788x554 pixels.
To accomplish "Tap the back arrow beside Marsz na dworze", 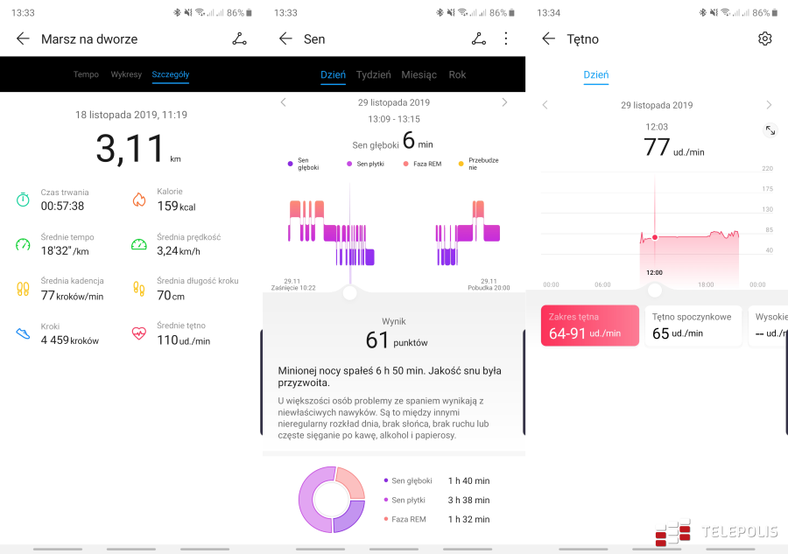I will pyautogui.click(x=23, y=39).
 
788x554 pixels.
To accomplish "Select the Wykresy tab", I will pyautogui.click(x=126, y=74).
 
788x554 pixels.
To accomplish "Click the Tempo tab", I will pyautogui.click(x=86, y=74).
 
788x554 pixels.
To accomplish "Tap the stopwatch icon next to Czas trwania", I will pyautogui.click(x=23, y=200).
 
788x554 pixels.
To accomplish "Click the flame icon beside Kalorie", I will pyautogui.click(x=138, y=200).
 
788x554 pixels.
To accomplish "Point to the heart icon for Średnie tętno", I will pyautogui.click(x=138, y=333).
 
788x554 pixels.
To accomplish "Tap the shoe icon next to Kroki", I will pyautogui.click(x=23, y=333).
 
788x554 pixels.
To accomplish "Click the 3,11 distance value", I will pyautogui.click(x=130, y=148).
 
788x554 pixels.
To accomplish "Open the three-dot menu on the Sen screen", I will pyautogui.click(x=505, y=39).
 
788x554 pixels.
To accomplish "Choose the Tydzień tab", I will pyautogui.click(x=374, y=74).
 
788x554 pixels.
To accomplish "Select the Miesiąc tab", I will pyautogui.click(x=419, y=74).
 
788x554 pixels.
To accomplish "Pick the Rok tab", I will pyautogui.click(x=457, y=74).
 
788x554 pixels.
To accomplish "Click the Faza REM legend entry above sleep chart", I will pyautogui.click(x=422, y=164).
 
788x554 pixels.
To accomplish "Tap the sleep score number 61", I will pyautogui.click(x=377, y=340).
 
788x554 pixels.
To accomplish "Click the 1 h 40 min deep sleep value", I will pyautogui.click(x=468, y=480).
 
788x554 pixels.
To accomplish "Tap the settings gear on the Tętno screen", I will pyautogui.click(x=765, y=39).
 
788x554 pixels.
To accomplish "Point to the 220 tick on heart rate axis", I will pyautogui.click(x=767, y=168).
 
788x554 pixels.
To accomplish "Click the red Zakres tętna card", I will pyautogui.click(x=589, y=326).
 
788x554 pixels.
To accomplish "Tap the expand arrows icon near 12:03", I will pyautogui.click(x=770, y=130).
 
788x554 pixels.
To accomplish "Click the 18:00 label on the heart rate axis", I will pyautogui.click(x=706, y=284).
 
